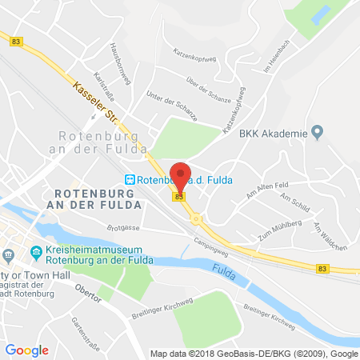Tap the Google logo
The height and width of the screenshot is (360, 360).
[x=26, y=350]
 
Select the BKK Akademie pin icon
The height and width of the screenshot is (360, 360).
[x=317, y=131]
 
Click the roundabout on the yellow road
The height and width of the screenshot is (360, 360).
[x=195, y=216]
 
